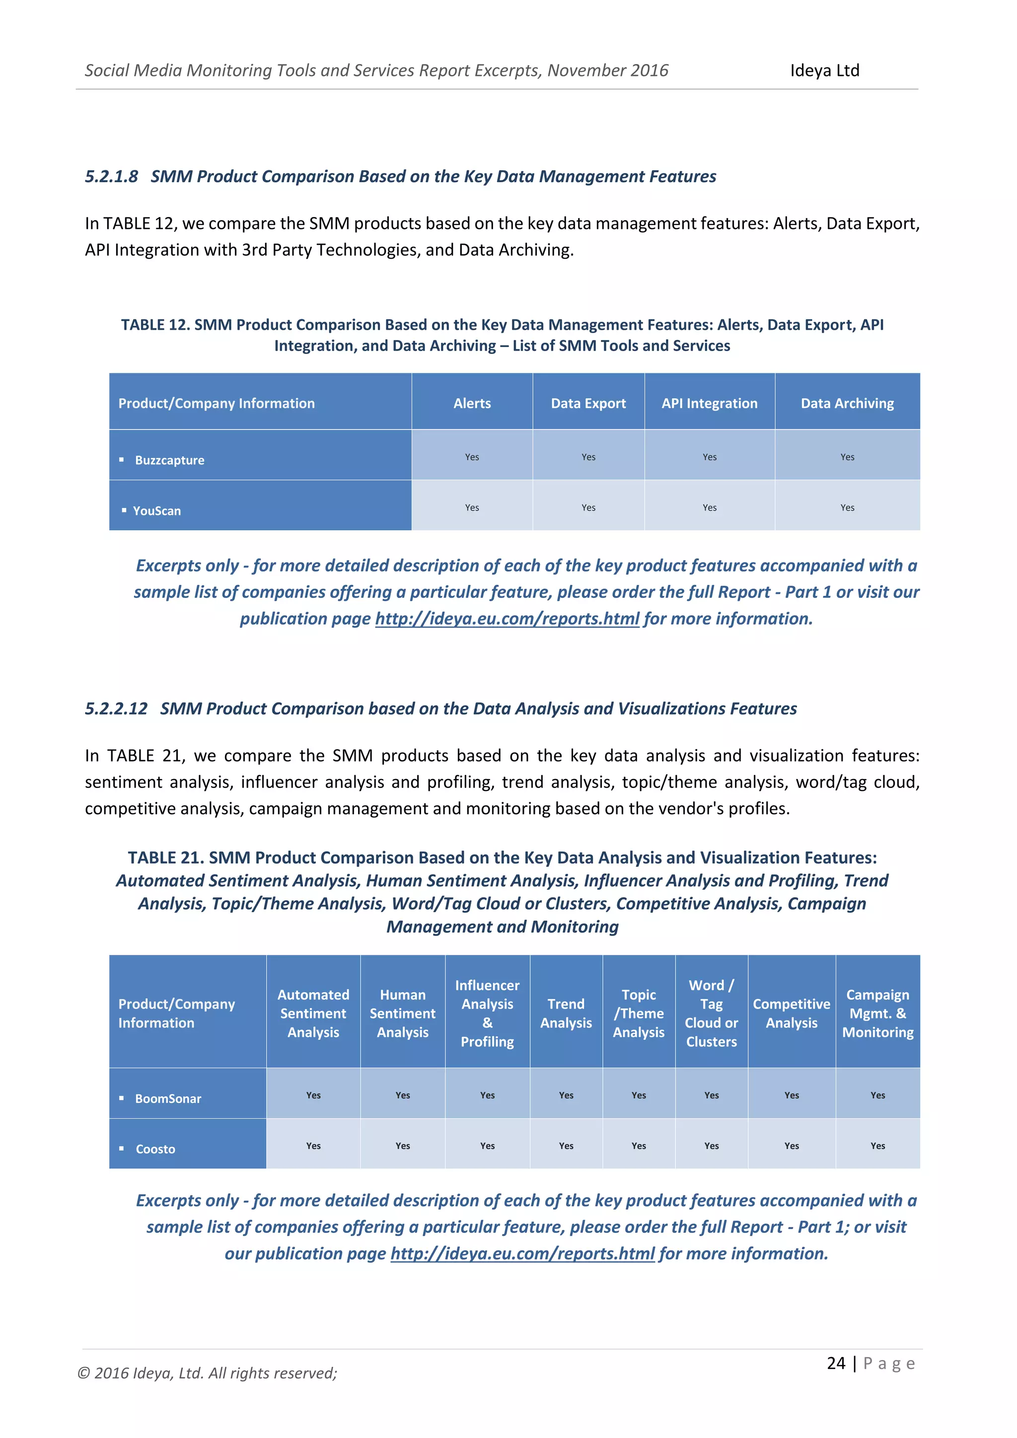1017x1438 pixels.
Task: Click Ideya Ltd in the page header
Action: point(824,71)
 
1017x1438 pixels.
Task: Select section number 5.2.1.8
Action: point(111,177)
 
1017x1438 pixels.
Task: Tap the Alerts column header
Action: point(472,403)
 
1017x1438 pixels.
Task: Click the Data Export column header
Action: point(588,403)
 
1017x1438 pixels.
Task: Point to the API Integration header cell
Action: point(709,403)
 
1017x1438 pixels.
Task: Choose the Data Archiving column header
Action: point(847,403)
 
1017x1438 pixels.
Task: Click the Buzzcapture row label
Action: point(170,460)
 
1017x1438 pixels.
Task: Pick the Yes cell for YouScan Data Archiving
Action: point(847,507)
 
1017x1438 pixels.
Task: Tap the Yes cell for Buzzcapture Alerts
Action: point(472,457)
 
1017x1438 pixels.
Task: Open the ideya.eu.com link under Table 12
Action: point(507,619)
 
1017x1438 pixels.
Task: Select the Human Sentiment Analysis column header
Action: point(402,1013)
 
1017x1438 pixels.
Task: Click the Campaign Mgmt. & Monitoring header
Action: point(877,1013)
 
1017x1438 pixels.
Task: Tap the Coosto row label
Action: point(155,1150)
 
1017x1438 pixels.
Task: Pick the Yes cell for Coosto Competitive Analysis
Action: point(791,1146)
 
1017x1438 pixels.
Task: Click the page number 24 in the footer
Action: point(836,1364)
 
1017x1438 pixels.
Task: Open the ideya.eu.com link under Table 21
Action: point(522,1254)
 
